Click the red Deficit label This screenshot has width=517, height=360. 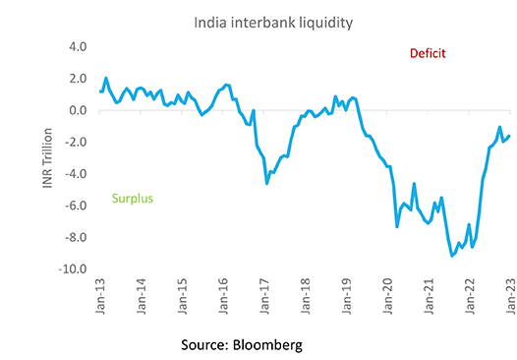point(427,54)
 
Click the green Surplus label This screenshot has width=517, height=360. point(130,199)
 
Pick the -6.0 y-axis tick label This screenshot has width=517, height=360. point(77,206)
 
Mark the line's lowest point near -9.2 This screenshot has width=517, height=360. point(452,256)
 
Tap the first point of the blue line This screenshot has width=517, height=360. point(100,91)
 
